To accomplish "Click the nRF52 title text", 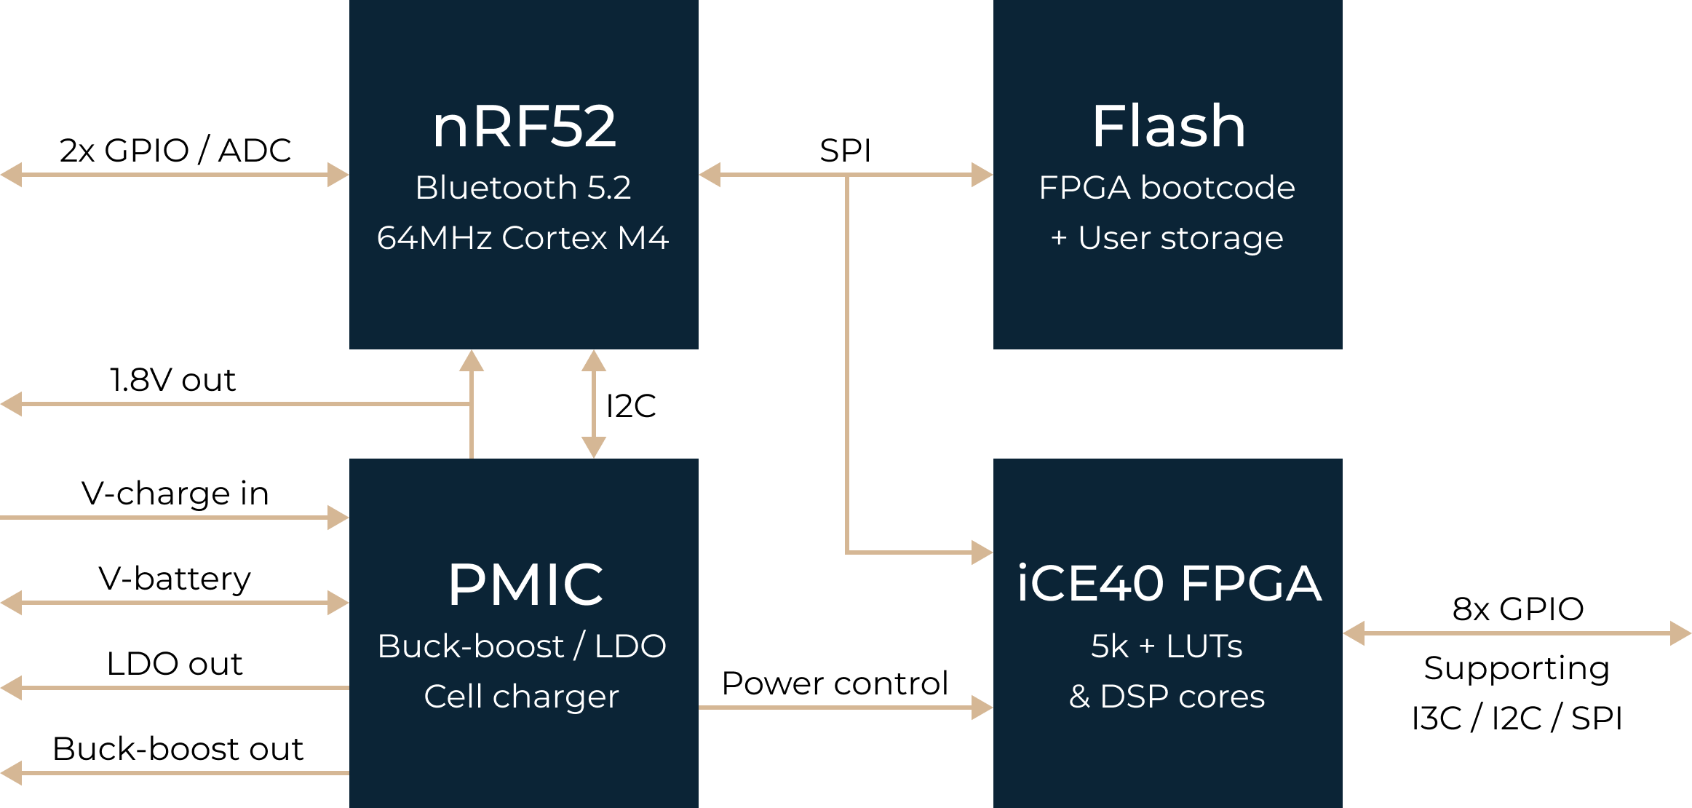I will pyautogui.click(x=524, y=127).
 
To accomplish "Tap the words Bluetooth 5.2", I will pyautogui.click(x=523, y=188).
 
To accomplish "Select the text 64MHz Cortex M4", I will pyautogui.click(x=523, y=238).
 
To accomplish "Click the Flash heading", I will pyautogui.click(x=1168, y=127).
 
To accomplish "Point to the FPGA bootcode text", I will pyautogui.click(x=1167, y=188).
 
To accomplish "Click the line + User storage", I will pyautogui.click(x=1167, y=238).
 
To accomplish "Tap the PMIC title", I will pyautogui.click(x=525, y=585).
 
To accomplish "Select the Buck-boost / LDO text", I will pyautogui.click(x=522, y=646).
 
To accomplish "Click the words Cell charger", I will pyautogui.click(x=521, y=697).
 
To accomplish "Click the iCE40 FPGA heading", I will pyautogui.click(x=1168, y=584).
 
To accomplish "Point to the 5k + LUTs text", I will pyautogui.click(x=1167, y=646).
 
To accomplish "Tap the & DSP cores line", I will pyautogui.click(x=1167, y=697).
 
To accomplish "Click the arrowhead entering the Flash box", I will pyautogui.click(x=982, y=175).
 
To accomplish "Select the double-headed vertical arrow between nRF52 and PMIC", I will pyautogui.click(x=594, y=404).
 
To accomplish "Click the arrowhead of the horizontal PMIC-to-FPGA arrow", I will pyautogui.click(x=982, y=707).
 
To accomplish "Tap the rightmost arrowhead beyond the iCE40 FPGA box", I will pyautogui.click(x=1680, y=633).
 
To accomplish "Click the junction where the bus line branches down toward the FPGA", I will pyautogui.click(x=847, y=175).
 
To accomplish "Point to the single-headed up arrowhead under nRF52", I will pyautogui.click(x=472, y=361).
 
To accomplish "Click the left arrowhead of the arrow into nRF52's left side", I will pyautogui.click(x=12, y=175).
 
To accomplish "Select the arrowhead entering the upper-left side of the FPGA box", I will pyautogui.click(x=982, y=552).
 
